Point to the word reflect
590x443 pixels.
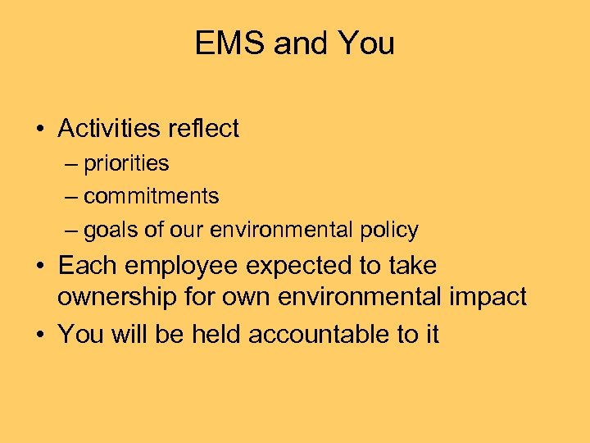click(202, 129)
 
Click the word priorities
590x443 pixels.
click(126, 164)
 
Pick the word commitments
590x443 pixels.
click(152, 197)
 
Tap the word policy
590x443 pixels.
click(388, 231)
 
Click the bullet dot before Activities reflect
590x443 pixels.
click(39, 130)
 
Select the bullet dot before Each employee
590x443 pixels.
click(39, 267)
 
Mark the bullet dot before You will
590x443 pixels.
click(39, 335)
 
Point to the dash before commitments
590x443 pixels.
click(71, 198)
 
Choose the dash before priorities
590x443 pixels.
click(71, 164)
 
